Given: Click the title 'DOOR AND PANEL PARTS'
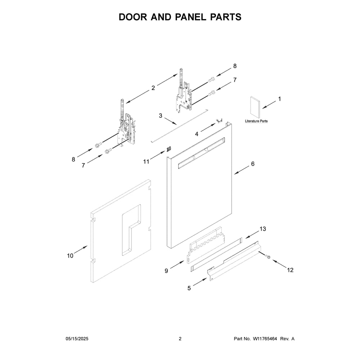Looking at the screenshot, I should pyautogui.click(x=180, y=17).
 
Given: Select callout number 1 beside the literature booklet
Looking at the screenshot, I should pyautogui.click(x=279, y=99).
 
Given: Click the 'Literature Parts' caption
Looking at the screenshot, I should pyautogui.click(x=256, y=121).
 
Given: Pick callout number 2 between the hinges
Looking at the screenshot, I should pyautogui.click(x=153, y=88).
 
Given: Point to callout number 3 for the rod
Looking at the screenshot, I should pyautogui.click(x=161, y=116).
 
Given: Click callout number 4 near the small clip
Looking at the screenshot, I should pyautogui.click(x=197, y=134).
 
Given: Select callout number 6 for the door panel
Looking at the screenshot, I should pyautogui.click(x=253, y=164).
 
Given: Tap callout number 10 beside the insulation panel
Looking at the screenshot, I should pyautogui.click(x=70, y=256).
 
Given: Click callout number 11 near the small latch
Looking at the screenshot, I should pyautogui.click(x=146, y=162).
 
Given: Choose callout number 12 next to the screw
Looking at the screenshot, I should pyautogui.click(x=290, y=270).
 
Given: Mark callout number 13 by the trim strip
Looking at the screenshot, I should pyautogui.click(x=263, y=229).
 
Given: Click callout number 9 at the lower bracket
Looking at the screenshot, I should pyautogui.click(x=166, y=271).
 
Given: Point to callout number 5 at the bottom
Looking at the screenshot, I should pyautogui.click(x=189, y=288).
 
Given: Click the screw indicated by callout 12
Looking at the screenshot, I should pyautogui.click(x=267, y=256).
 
